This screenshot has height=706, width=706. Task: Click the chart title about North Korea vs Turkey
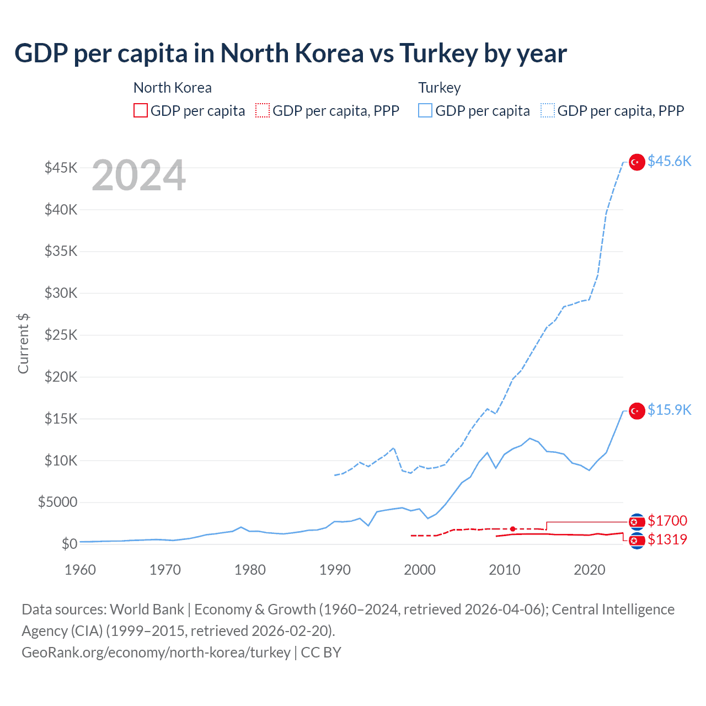[x=290, y=54]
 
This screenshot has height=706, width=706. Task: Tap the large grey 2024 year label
[x=138, y=176]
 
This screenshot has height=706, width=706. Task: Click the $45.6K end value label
[x=669, y=161]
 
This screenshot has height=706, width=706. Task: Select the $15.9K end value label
[x=669, y=410]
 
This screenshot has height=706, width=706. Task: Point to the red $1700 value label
[x=667, y=521]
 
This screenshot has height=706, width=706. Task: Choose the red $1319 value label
[x=667, y=539]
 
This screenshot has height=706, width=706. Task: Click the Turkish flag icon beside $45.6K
[x=637, y=162]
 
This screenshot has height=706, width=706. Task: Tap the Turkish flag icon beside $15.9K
[x=637, y=411]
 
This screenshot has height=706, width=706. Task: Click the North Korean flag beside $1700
[x=637, y=522]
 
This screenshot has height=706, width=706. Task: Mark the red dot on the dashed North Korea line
[x=512, y=529]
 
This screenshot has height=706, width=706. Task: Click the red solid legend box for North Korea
[x=141, y=111]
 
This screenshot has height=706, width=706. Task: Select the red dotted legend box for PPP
[x=263, y=111]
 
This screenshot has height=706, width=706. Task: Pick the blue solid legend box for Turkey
[x=425, y=111]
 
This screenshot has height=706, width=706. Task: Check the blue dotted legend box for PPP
[x=548, y=111]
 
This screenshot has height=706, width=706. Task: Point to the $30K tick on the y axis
[x=61, y=293]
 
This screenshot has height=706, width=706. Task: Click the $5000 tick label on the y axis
[x=58, y=502]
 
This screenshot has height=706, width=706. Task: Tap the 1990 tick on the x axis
[x=335, y=570]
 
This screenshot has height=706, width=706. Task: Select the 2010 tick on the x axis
[x=505, y=570]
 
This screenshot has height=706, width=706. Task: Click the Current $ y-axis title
[x=23, y=343]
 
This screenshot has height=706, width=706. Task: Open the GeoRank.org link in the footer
[x=156, y=652]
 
